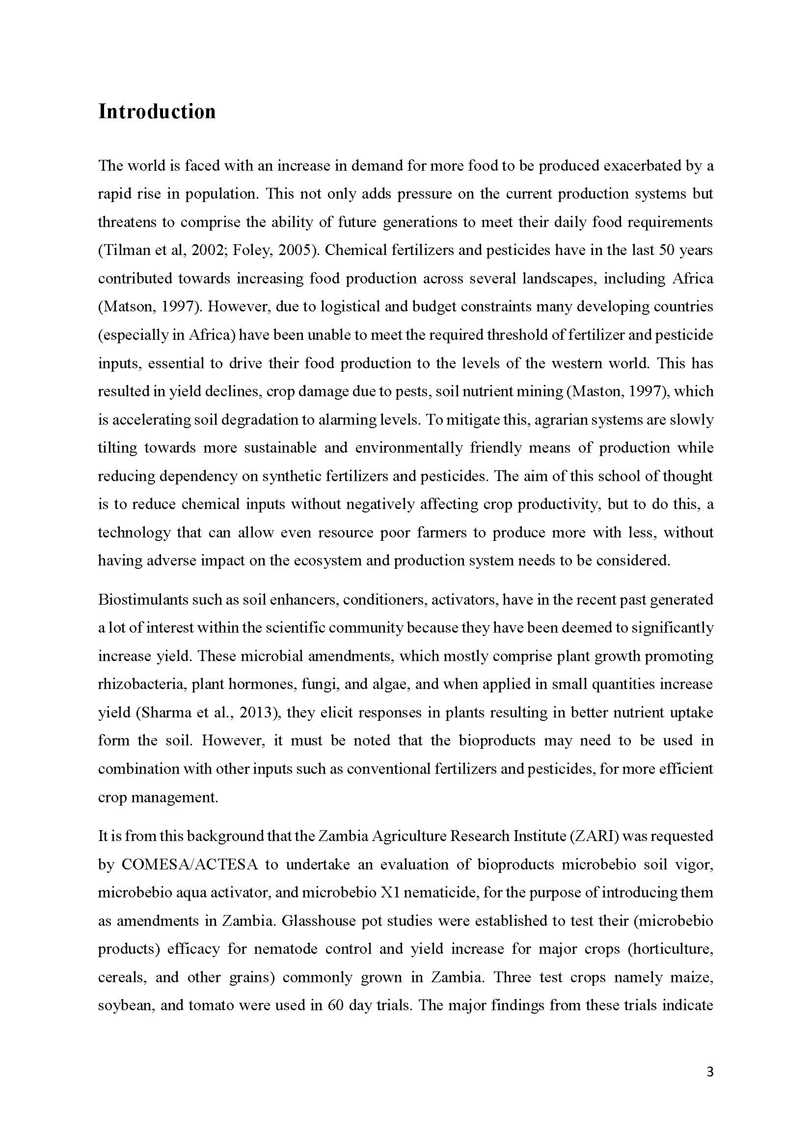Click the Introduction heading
pos(157,111)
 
